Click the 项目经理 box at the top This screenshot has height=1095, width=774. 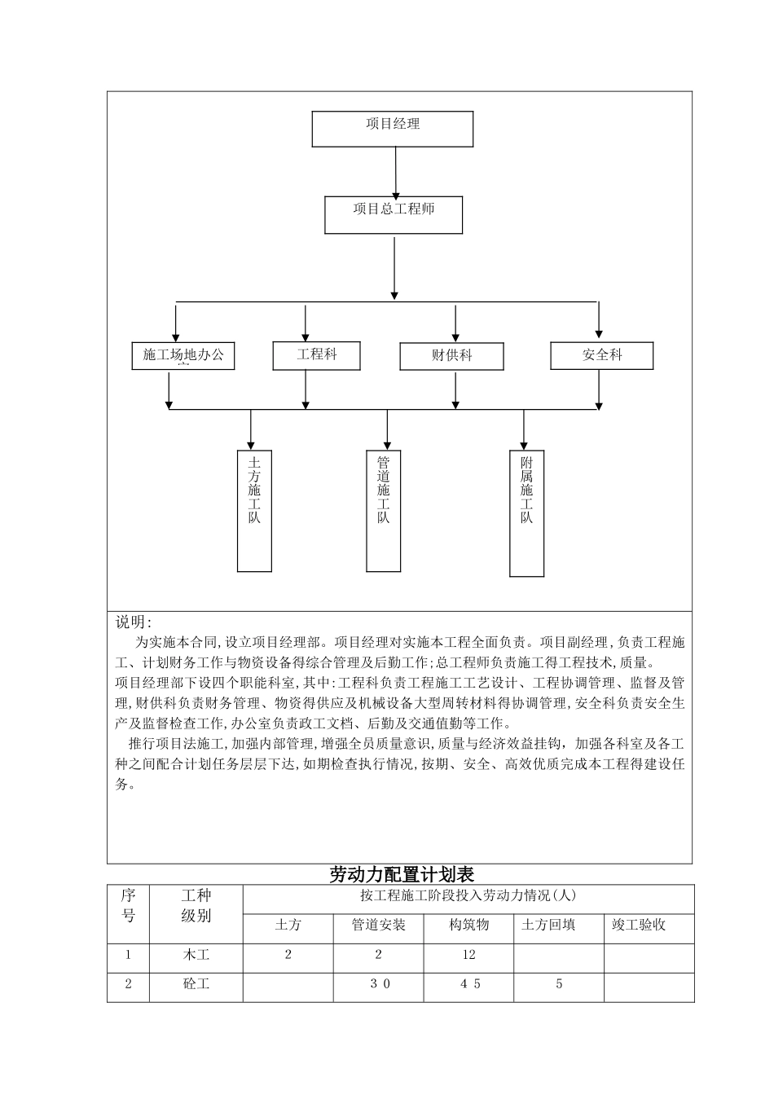pyautogui.click(x=392, y=129)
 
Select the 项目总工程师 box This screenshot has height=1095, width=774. pyautogui.click(x=394, y=214)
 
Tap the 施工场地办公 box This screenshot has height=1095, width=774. pyautogui.click(x=183, y=356)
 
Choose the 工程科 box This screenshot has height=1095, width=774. pyautogui.click(x=316, y=355)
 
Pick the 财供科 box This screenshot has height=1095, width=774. pyautogui.click(x=451, y=356)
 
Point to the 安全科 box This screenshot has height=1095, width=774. pyautogui.click(x=601, y=355)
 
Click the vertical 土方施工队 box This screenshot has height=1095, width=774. pyautogui.click(x=254, y=511)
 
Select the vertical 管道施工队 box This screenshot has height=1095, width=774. pyautogui.click(x=383, y=511)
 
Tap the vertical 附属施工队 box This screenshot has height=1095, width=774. pyautogui.click(x=526, y=513)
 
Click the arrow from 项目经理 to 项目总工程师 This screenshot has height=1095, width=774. pyautogui.click(x=395, y=171)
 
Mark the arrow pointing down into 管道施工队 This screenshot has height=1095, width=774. pyautogui.click(x=387, y=429)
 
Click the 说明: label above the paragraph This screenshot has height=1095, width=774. pyautogui.click(x=133, y=622)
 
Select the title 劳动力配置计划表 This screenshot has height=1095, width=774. pyautogui.click(x=401, y=874)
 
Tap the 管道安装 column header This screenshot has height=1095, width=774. pyautogui.click(x=378, y=925)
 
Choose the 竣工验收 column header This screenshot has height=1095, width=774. pyautogui.click(x=639, y=925)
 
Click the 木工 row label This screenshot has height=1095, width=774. pyautogui.click(x=196, y=954)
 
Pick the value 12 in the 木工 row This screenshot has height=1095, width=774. pyautogui.click(x=468, y=954)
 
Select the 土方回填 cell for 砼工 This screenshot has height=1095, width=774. pyautogui.click(x=559, y=983)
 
